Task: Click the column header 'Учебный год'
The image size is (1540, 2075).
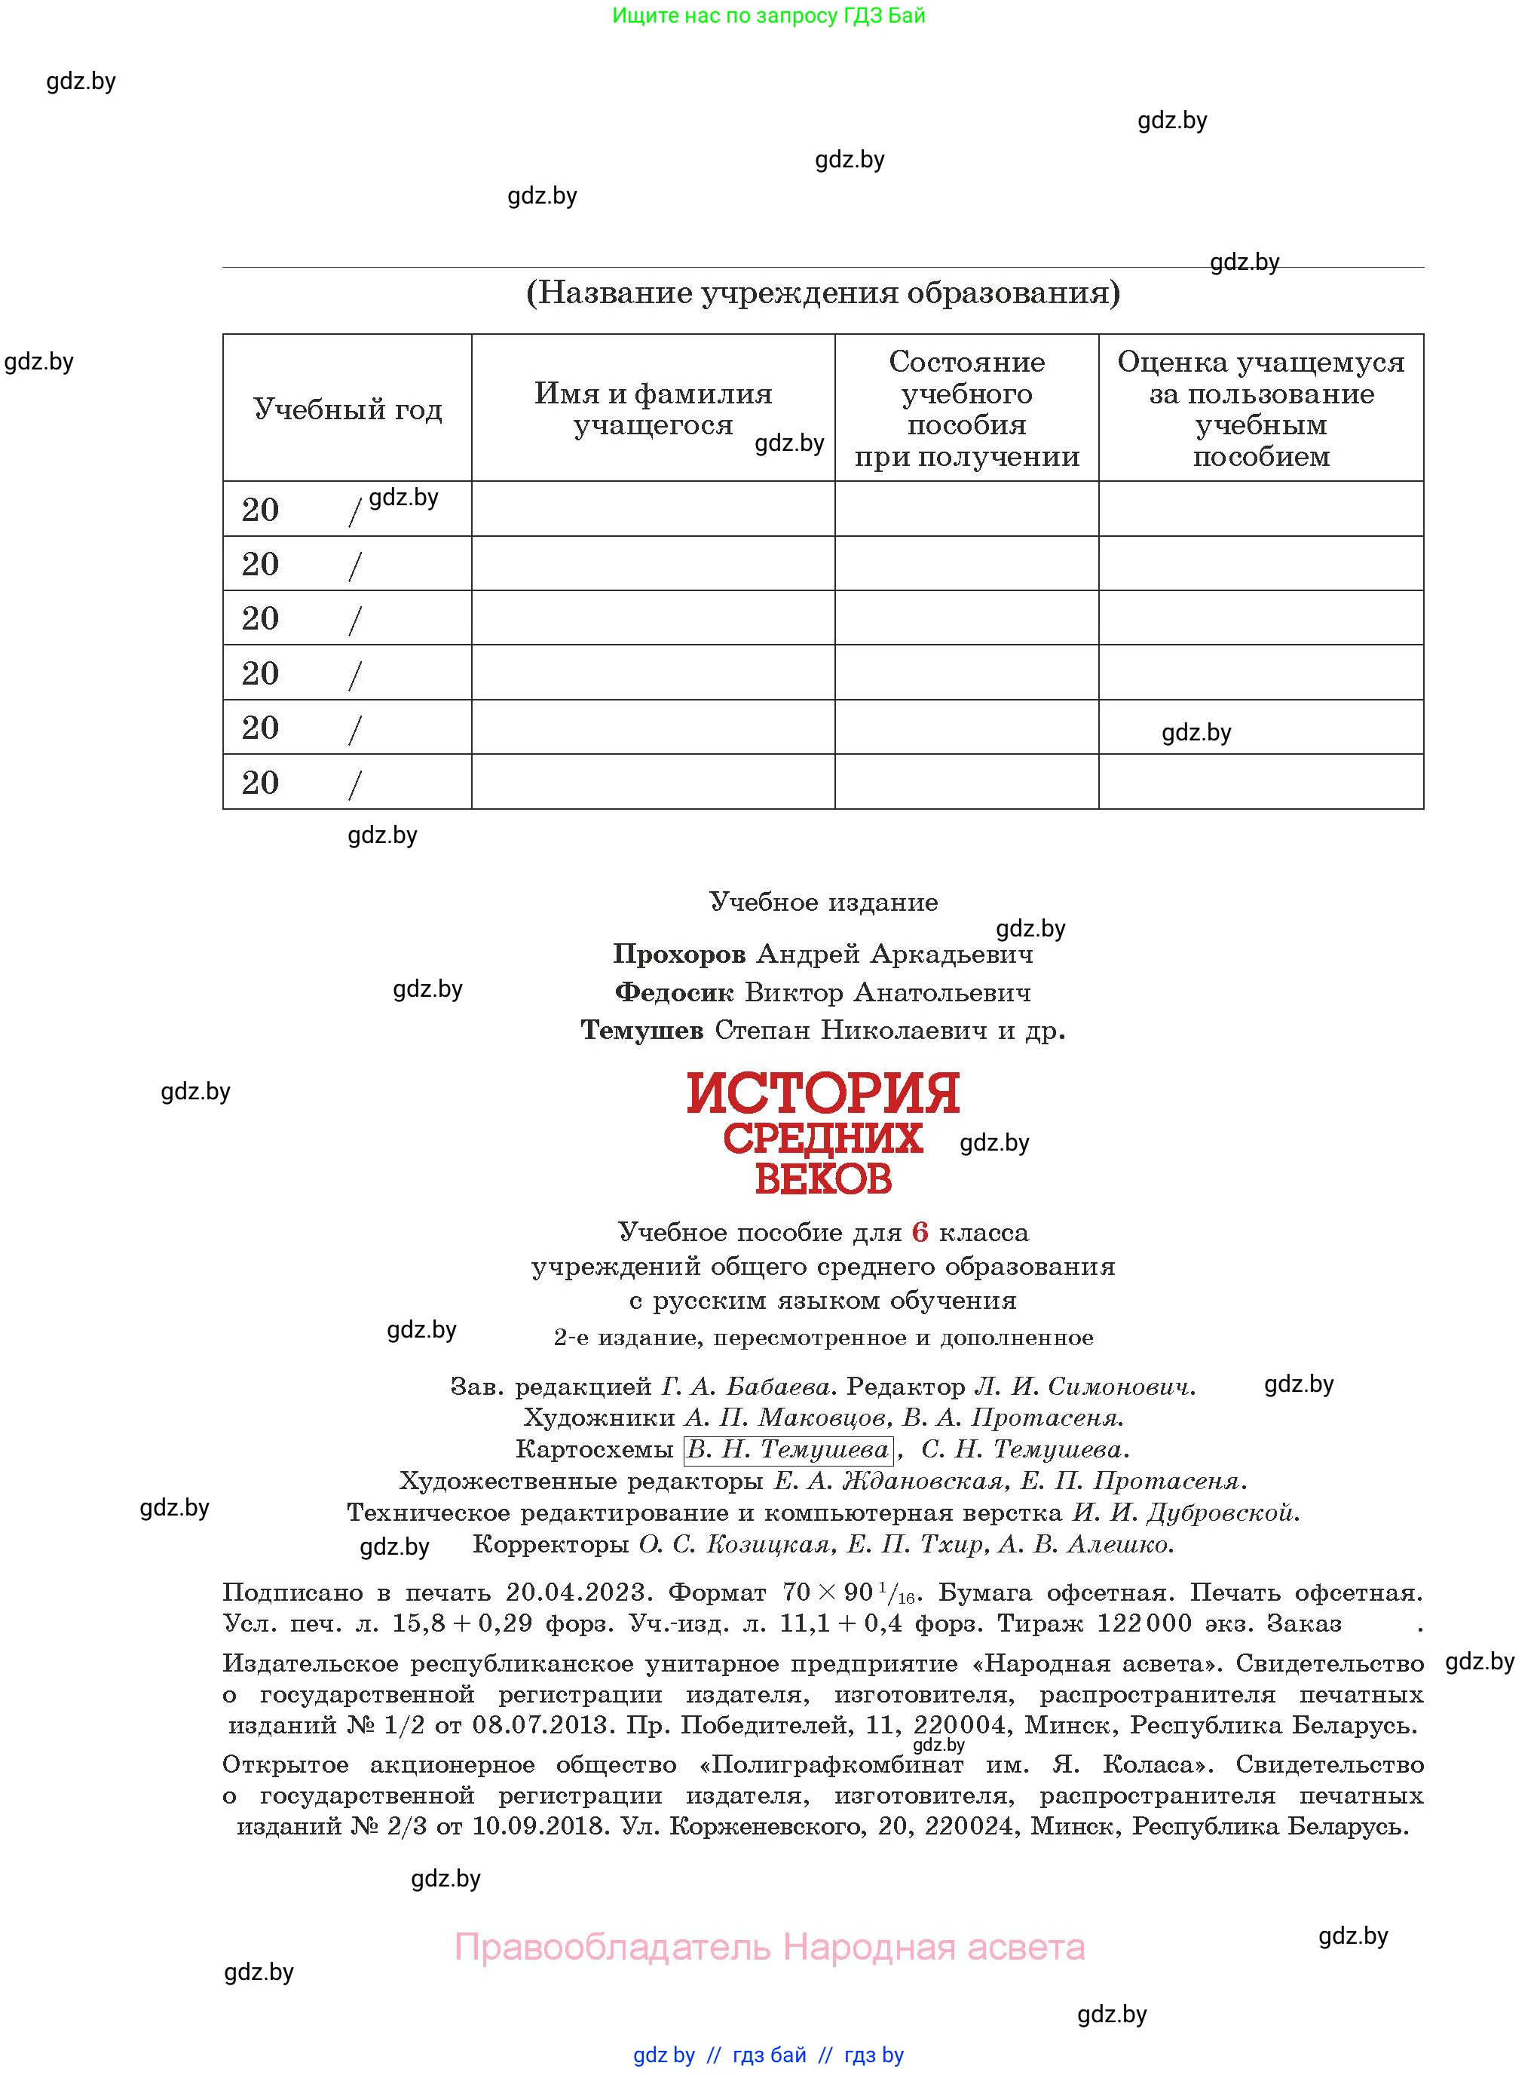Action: tap(347, 409)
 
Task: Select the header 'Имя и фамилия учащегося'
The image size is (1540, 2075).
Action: tap(653, 409)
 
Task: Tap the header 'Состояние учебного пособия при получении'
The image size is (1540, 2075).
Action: tap(966, 409)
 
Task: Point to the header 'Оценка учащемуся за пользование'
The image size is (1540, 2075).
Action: tap(1260, 378)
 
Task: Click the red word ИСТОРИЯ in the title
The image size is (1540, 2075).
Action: tap(823, 1094)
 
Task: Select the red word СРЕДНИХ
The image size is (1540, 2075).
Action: tap(823, 1139)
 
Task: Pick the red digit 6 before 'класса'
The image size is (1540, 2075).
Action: tap(920, 1233)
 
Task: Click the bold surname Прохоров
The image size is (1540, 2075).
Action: tap(678, 954)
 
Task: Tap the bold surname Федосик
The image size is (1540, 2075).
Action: tap(674, 992)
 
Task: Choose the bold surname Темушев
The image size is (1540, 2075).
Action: tap(642, 1031)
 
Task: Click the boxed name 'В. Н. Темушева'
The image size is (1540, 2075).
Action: tap(788, 1449)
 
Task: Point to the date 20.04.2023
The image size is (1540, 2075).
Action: tap(575, 1593)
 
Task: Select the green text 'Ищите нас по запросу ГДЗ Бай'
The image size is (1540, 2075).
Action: tap(769, 16)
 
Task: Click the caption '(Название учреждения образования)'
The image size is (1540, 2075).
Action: tap(823, 293)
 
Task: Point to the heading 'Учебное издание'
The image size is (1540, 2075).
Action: tap(823, 902)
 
